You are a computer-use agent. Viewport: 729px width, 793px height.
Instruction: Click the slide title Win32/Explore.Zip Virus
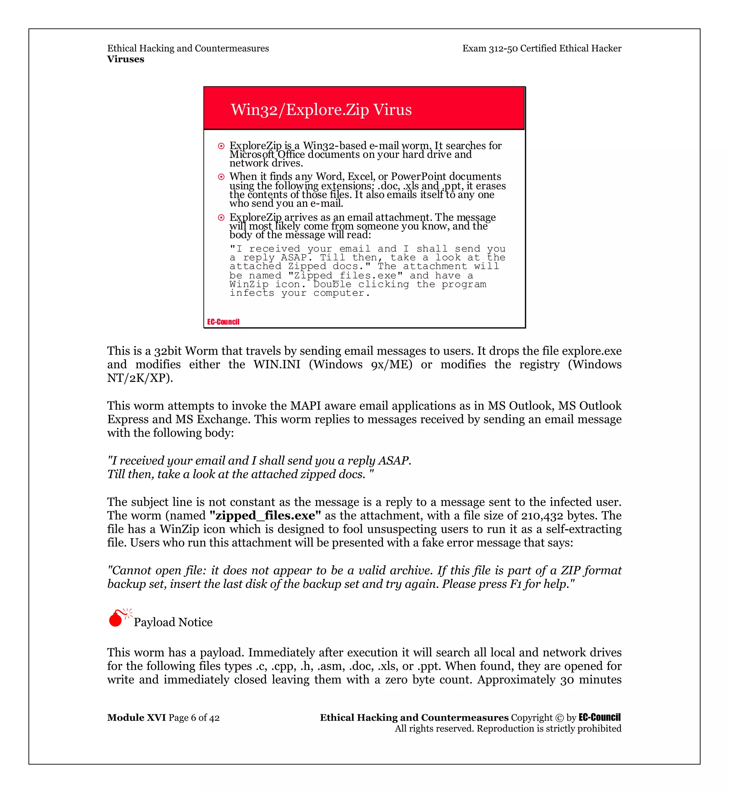(x=321, y=110)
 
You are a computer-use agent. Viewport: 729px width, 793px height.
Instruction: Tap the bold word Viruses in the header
(x=125, y=59)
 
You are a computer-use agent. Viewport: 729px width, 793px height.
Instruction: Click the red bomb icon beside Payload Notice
(x=116, y=618)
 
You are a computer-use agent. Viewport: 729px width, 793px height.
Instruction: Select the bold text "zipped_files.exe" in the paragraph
(x=265, y=515)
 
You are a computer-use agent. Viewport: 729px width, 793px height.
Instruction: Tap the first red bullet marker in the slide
(x=221, y=146)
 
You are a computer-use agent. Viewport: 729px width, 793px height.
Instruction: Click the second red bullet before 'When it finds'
(x=221, y=177)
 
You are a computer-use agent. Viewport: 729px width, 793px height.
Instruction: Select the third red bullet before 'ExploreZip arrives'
(x=221, y=217)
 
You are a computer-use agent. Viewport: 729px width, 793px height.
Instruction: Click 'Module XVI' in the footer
(x=136, y=717)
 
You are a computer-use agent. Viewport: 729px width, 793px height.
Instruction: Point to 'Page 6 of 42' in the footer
(x=194, y=717)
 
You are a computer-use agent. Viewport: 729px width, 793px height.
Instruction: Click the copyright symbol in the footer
(x=559, y=717)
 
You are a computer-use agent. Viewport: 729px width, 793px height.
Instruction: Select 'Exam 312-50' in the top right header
(x=489, y=48)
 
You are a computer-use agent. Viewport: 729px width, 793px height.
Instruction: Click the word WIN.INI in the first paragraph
(x=277, y=364)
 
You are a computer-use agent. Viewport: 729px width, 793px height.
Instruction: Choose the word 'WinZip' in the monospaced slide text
(x=248, y=284)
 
